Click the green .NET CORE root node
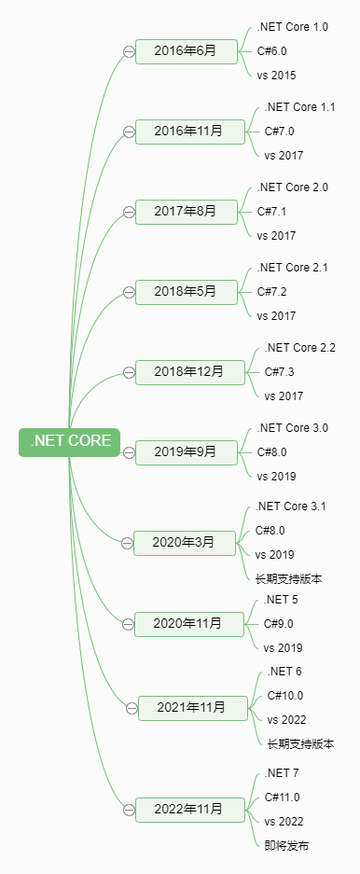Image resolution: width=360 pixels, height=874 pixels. click(x=70, y=441)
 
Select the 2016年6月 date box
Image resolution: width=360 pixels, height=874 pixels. click(x=186, y=51)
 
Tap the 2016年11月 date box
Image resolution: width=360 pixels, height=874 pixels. click(x=189, y=132)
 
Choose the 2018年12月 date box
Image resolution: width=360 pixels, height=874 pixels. click(x=189, y=372)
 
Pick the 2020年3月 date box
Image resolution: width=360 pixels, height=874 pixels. click(x=184, y=542)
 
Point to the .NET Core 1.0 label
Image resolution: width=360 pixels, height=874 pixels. click(x=292, y=27)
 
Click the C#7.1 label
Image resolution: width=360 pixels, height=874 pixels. click(x=271, y=212)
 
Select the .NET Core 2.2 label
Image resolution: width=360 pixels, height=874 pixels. click(x=300, y=348)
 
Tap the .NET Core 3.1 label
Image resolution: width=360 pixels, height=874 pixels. click(x=291, y=506)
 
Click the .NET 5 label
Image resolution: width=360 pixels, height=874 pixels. click(x=281, y=600)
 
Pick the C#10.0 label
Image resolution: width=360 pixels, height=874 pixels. click(x=285, y=695)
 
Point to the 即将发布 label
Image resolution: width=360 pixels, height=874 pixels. click(x=286, y=845)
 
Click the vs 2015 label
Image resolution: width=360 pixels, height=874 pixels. click(x=276, y=76)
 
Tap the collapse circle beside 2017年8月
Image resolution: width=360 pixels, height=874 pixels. click(x=129, y=213)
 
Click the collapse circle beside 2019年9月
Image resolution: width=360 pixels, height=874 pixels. click(x=129, y=452)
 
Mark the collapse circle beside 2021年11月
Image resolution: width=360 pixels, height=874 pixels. click(x=132, y=708)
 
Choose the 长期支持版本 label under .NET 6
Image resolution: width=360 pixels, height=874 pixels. click(x=300, y=743)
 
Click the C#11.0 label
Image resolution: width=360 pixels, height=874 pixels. click(x=283, y=798)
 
